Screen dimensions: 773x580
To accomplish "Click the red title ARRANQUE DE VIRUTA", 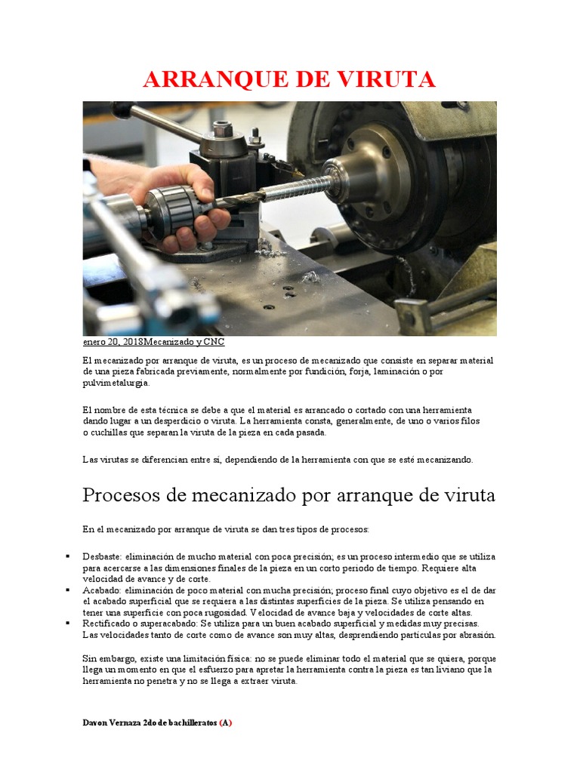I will click(x=289, y=79).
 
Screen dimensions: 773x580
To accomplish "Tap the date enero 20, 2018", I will click(x=113, y=342).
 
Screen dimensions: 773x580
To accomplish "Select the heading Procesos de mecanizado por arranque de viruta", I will click(x=288, y=495).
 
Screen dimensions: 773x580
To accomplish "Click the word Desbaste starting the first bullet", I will click(x=100, y=557).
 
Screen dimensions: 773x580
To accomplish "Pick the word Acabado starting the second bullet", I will click(x=100, y=590).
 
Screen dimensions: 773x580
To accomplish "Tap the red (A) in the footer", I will click(x=226, y=722).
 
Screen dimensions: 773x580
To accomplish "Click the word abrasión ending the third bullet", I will click(x=477, y=635).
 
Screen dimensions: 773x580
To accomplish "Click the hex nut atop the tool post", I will click(x=222, y=129).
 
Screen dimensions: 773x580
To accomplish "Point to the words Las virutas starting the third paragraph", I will click(x=103, y=459).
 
